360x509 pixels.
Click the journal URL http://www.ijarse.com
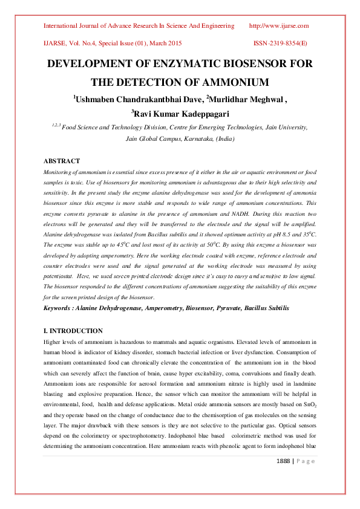[279, 26]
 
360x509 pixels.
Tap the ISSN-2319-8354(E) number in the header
[280, 44]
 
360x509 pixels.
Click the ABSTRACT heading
[62, 161]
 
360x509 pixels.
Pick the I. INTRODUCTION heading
[73, 331]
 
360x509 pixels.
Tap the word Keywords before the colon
[60, 308]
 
